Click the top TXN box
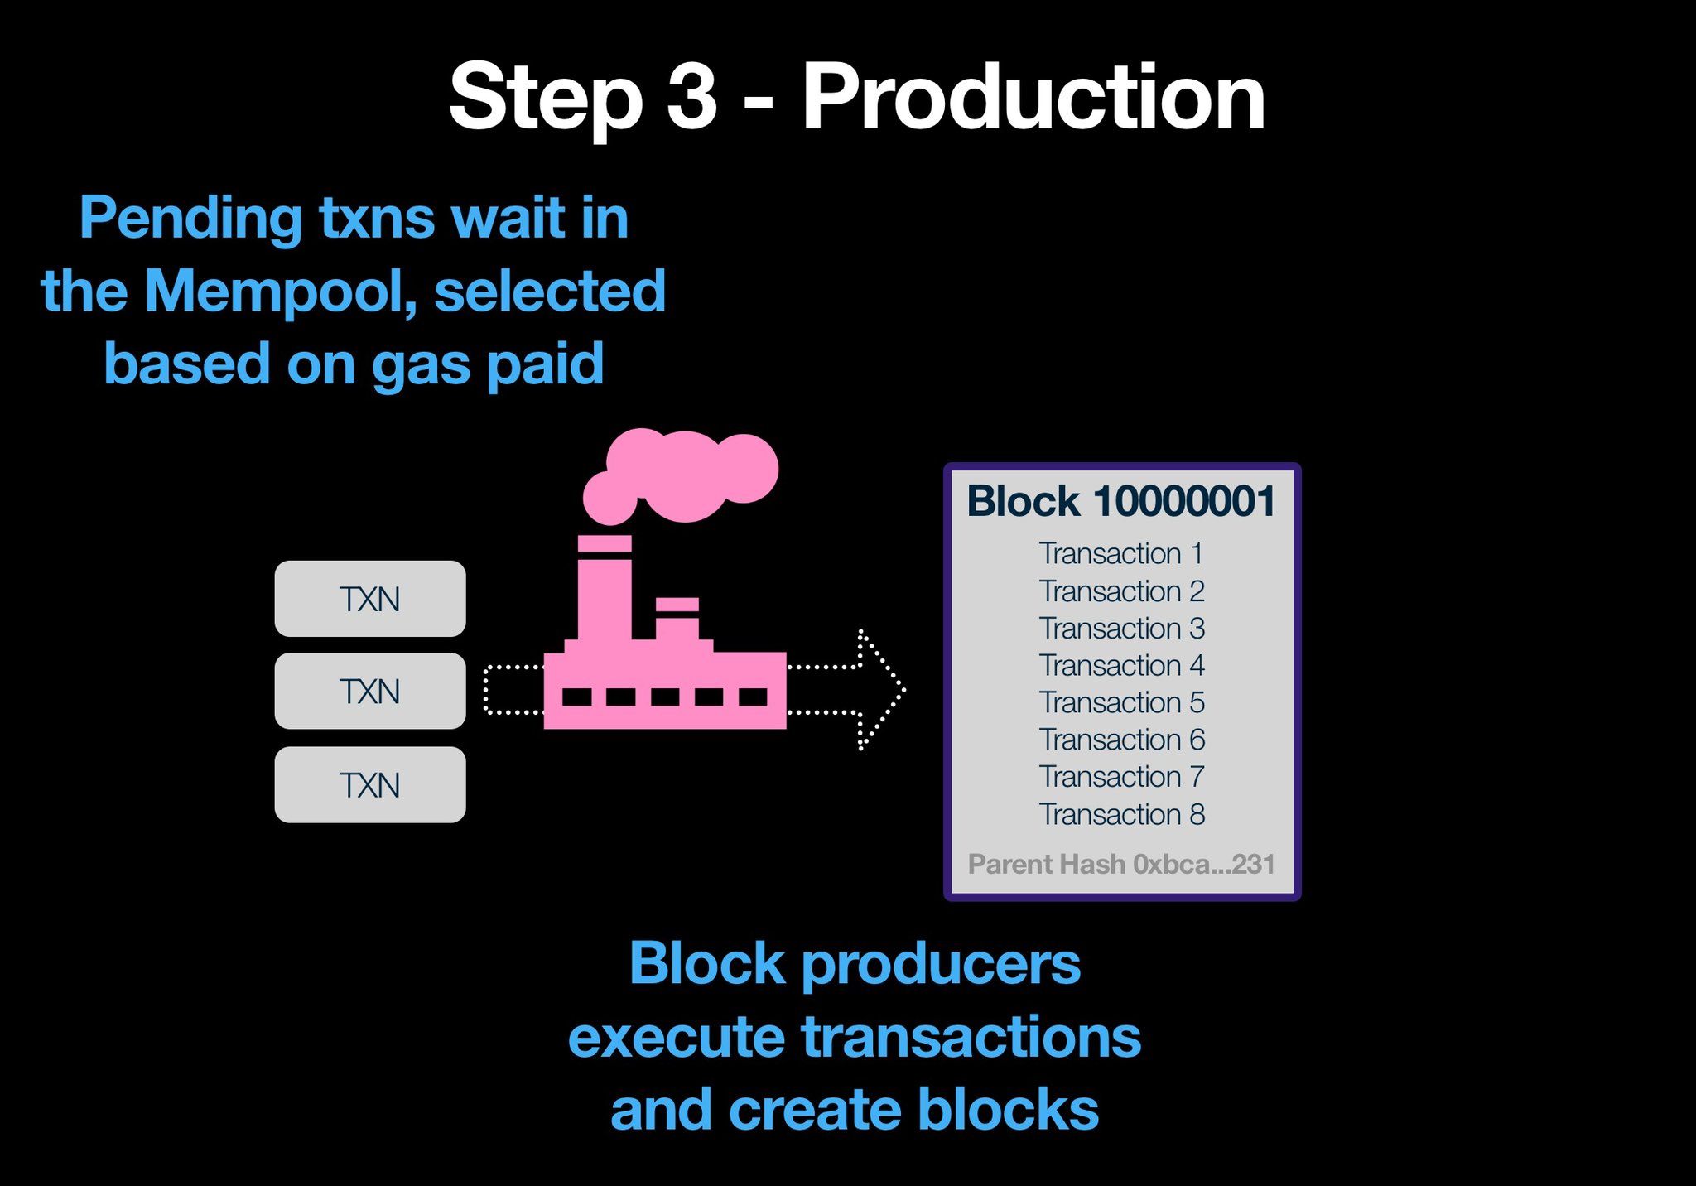369,599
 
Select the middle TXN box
369,692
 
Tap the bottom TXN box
369,785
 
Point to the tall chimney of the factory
604,588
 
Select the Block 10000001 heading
1121,502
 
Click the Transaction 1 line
1121,553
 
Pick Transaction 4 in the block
1121,665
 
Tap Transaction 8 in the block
1121,814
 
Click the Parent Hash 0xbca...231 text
1121,865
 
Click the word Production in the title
1033,98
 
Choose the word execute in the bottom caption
676,1037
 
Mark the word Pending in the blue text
190,219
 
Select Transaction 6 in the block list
1121,740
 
